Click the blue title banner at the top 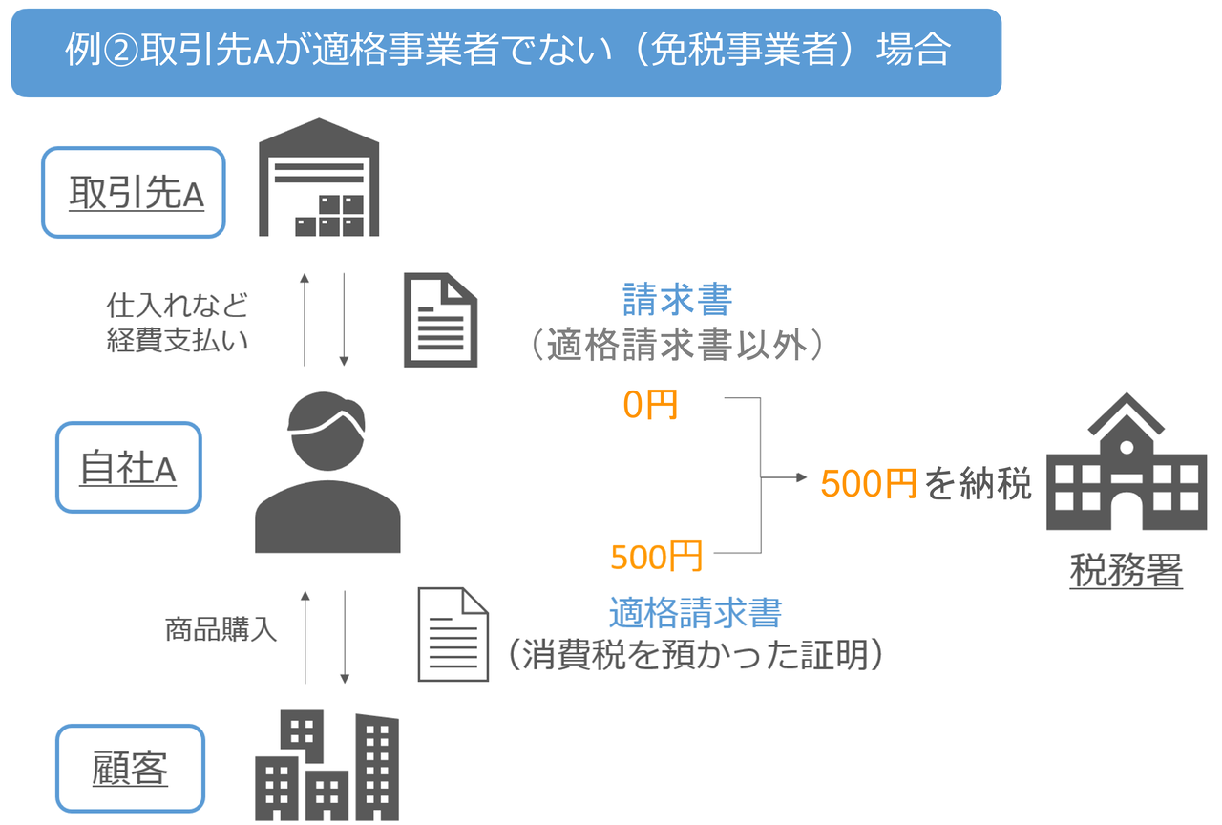[506, 53]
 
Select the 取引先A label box [134, 192]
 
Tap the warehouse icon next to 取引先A [320, 178]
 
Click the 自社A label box [129, 469]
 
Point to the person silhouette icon [327, 473]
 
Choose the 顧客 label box [131, 769]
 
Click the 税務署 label [1127, 572]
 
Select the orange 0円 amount [650, 405]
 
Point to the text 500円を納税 [926, 485]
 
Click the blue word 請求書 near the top [677, 300]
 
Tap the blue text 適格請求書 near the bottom [695, 611]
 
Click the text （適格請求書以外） [676, 345]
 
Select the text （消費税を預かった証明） [694, 655]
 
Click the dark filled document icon [440, 320]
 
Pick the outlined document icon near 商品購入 [453, 634]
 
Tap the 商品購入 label [221, 630]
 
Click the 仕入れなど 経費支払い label [179, 323]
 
